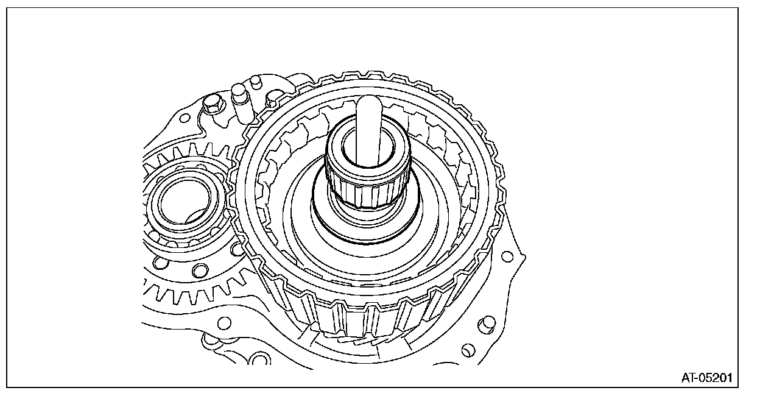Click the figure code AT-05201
(707, 378)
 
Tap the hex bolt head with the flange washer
(213, 105)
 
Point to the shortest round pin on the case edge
(255, 83)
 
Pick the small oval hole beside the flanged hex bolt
(185, 118)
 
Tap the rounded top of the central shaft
(369, 102)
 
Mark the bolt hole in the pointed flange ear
(507, 256)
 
